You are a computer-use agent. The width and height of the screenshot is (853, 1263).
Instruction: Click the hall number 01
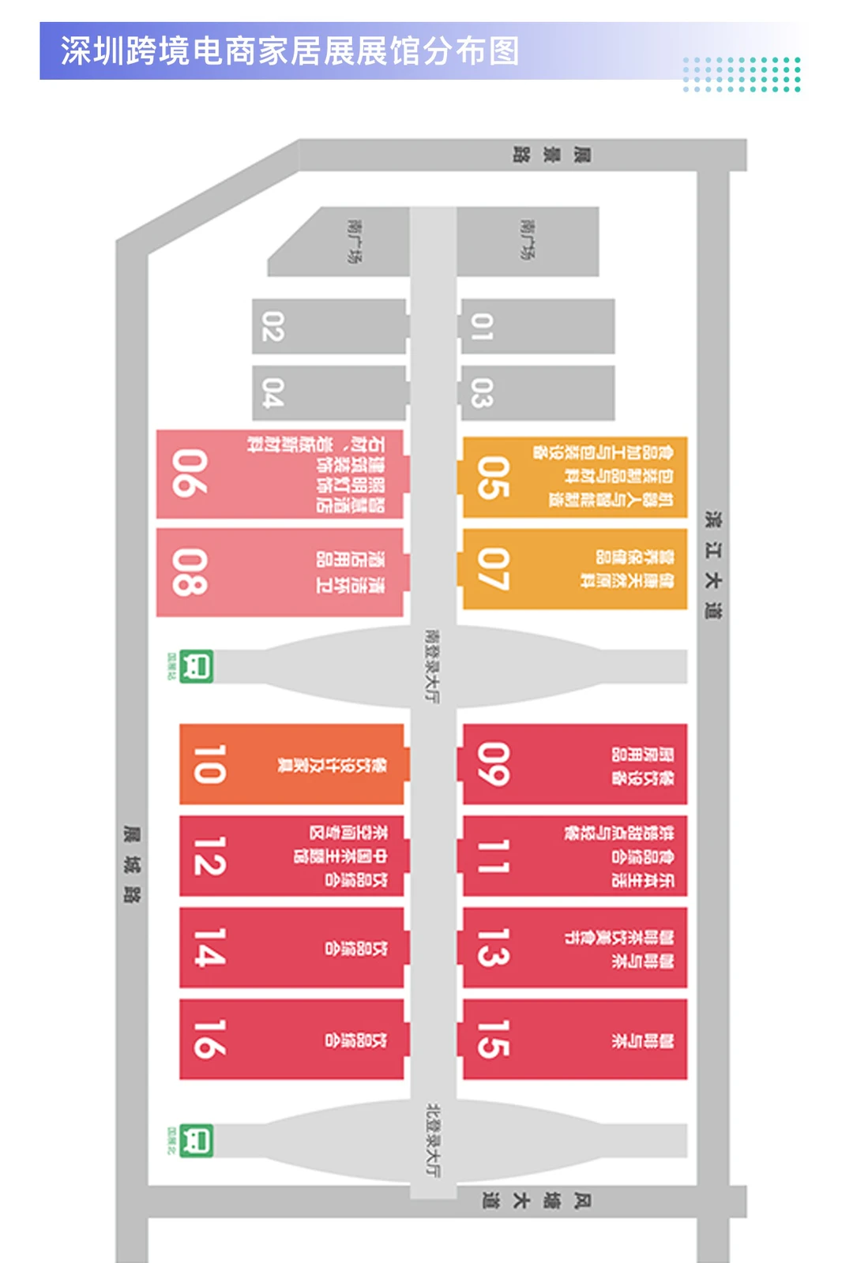[x=483, y=327]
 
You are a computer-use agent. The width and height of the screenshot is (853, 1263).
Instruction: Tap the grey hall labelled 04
[x=272, y=393]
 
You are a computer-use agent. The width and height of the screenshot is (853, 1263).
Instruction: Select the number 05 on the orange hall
[x=493, y=478]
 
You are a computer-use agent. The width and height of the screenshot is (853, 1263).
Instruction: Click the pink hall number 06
[x=190, y=474]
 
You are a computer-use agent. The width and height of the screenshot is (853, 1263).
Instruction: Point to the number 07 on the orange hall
[x=493, y=569]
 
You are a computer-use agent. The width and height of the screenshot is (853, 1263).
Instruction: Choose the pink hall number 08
[x=190, y=572]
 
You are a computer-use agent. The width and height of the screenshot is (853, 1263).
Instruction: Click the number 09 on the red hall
[x=493, y=764]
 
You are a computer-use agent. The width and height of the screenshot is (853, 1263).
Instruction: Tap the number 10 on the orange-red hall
[x=209, y=764]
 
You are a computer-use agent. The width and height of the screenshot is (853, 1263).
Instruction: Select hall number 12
[x=209, y=856]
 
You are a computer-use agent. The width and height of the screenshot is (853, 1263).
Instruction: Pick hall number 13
[x=493, y=947]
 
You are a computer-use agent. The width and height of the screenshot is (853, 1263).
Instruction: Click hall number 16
[x=209, y=1039]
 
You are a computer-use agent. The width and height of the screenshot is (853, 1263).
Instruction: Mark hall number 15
[x=493, y=1039]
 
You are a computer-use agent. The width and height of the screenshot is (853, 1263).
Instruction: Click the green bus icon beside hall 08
[x=196, y=666]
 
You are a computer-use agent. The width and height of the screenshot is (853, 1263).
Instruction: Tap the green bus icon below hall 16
[x=196, y=1141]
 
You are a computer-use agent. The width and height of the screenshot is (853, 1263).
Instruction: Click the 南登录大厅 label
[x=432, y=665]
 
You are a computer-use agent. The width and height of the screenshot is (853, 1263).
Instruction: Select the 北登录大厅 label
[x=433, y=1140]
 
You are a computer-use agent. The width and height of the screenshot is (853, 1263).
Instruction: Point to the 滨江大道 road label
[x=713, y=564]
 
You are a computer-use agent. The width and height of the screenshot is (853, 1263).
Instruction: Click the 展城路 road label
[x=132, y=864]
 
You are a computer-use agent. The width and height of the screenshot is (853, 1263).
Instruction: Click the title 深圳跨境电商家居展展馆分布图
[x=290, y=51]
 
